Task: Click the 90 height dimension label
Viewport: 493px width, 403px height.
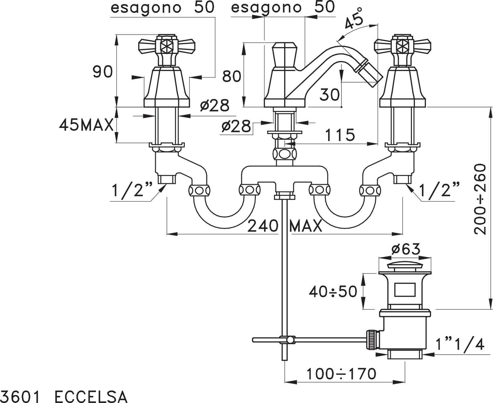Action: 103,72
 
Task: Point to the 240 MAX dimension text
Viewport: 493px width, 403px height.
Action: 284,226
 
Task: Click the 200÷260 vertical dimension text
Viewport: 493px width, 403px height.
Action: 480,199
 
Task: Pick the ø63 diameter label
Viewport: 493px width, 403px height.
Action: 406,249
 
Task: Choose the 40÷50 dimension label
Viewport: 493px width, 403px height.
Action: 333,292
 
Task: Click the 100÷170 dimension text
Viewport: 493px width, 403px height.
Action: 341,374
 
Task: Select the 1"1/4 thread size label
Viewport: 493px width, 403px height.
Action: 460,344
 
